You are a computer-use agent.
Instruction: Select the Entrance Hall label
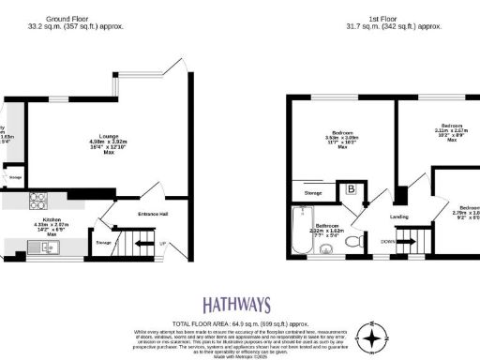point(153,215)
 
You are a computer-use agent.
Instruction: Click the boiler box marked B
point(352,189)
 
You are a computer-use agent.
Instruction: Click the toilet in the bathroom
point(353,242)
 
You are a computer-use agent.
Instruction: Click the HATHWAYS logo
point(237,305)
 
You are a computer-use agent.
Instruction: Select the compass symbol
point(375,337)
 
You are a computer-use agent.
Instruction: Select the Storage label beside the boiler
point(313,192)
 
